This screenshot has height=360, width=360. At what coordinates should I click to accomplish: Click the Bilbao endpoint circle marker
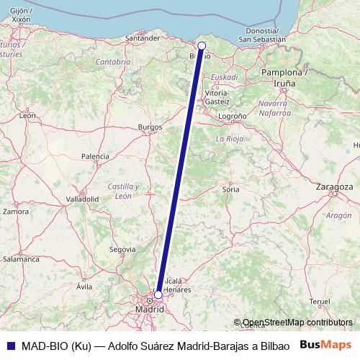point(202,45)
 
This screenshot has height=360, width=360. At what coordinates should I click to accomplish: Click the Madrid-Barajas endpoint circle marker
point(158,294)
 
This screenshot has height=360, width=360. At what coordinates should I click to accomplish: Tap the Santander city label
point(141,38)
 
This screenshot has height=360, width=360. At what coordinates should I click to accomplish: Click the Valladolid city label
point(82,198)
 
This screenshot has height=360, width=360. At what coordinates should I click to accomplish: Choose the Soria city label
point(231,189)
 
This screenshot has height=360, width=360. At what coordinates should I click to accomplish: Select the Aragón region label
point(338,215)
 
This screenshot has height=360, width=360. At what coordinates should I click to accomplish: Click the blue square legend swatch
point(8,344)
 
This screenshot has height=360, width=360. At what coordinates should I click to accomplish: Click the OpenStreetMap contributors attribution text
point(297,323)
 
